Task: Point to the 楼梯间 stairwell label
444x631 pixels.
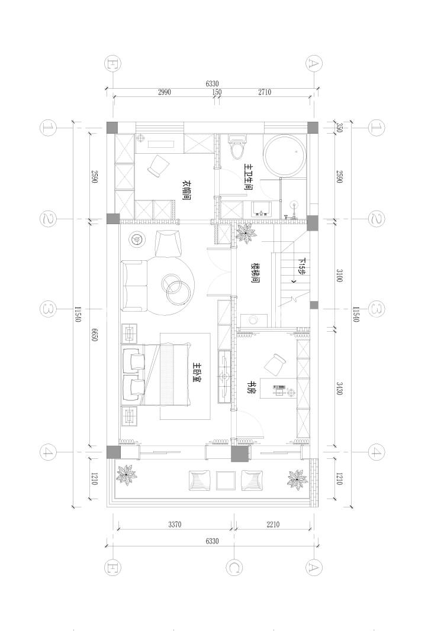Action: [x=255, y=274]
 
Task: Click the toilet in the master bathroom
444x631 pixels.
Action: [x=237, y=148]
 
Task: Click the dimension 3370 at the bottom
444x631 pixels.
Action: [x=175, y=525]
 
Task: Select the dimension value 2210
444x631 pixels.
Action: [x=273, y=525]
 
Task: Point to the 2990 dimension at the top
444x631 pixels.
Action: [x=164, y=92]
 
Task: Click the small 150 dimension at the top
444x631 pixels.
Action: [x=217, y=92]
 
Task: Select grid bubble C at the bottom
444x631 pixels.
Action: [x=234, y=567]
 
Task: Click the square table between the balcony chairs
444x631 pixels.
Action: [x=226, y=480]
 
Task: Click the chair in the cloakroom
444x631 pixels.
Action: [x=159, y=165]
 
